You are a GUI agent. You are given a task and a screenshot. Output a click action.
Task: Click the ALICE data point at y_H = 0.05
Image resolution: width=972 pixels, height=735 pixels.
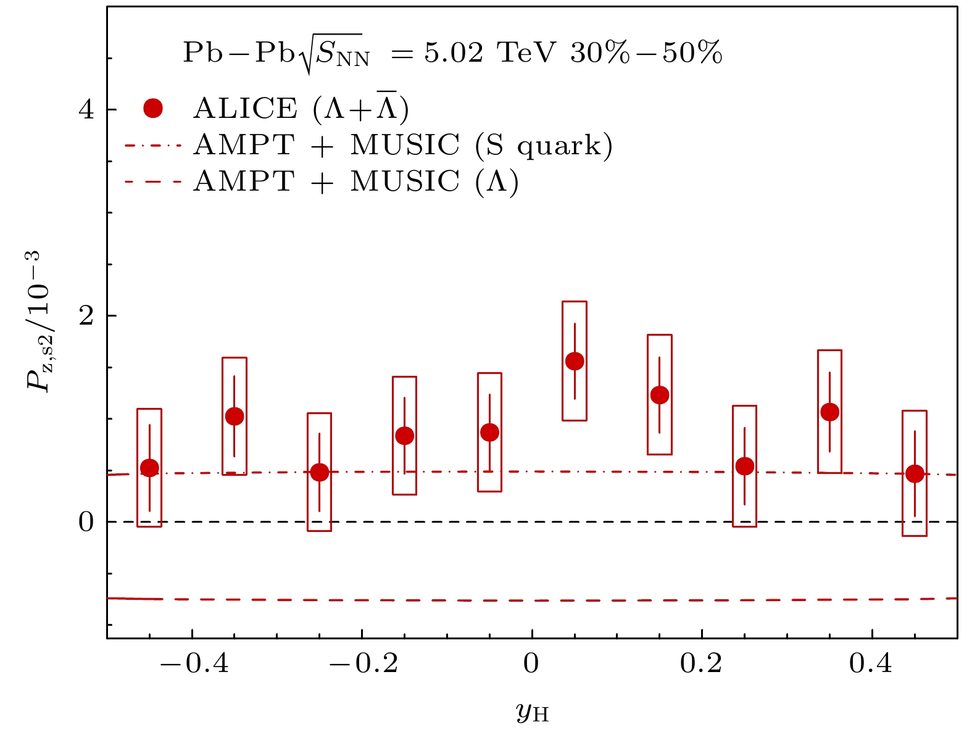[x=575, y=361]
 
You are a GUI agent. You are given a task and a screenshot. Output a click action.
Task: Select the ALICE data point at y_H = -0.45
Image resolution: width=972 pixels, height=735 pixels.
[x=149, y=468]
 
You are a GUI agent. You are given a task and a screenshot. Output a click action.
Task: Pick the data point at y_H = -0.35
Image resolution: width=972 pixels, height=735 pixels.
[x=235, y=417]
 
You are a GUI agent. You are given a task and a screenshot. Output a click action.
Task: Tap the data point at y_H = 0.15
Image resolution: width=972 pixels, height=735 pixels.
[x=660, y=395]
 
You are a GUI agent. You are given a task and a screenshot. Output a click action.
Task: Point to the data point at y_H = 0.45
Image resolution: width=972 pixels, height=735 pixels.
[x=915, y=474]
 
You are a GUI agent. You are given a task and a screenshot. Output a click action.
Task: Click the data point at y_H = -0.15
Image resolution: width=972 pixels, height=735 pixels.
[x=404, y=436]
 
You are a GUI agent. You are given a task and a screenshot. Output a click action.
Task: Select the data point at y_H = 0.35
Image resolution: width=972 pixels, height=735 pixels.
[x=830, y=412]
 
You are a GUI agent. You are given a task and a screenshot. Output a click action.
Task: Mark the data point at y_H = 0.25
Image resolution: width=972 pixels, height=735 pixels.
[x=745, y=466]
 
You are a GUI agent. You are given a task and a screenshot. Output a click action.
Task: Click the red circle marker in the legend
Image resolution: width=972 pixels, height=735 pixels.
[x=152, y=109]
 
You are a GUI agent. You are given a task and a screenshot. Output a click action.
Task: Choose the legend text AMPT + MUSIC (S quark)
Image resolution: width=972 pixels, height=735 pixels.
[x=402, y=146]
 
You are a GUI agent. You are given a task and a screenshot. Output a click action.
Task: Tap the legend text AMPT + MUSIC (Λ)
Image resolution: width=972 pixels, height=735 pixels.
[x=355, y=182]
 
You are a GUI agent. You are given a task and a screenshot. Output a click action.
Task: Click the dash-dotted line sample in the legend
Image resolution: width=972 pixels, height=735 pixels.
[x=153, y=146]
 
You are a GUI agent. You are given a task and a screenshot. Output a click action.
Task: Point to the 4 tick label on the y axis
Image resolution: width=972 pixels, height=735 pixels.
[x=86, y=110]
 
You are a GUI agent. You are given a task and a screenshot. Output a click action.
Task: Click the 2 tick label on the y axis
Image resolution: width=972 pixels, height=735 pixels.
[x=86, y=315]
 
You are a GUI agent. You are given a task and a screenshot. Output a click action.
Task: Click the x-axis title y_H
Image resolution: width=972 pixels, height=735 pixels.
[x=531, y=713]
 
